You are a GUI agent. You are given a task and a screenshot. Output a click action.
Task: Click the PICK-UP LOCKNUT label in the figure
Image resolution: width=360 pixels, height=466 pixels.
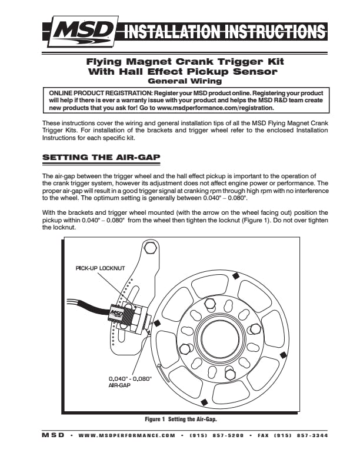(x=101, y=268)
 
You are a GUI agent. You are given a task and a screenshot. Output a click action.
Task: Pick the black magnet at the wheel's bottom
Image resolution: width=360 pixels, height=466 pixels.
(x=203, y=402)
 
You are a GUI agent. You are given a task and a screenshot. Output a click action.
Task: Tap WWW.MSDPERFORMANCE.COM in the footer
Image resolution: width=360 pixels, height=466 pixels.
(x=127, y=435)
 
